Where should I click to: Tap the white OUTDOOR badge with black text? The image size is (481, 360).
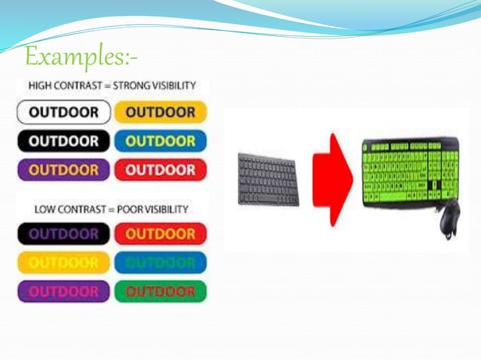click(64, 113)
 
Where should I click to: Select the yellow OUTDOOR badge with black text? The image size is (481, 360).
click(161, 113)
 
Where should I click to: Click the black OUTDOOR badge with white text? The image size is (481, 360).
click(64, 141)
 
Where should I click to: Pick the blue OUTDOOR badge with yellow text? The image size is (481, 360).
click(161, 141)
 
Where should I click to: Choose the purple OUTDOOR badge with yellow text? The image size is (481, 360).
click(64, 169)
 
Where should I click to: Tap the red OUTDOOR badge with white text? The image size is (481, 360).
click(161, 169)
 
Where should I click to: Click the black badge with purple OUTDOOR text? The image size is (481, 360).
click(64, 234)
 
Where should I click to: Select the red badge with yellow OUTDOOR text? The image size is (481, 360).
click(161, 234)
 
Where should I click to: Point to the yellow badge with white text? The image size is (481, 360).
click(64, 263)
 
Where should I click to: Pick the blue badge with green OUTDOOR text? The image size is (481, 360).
click(161, 263)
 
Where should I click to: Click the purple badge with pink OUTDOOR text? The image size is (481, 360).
click(64, 291)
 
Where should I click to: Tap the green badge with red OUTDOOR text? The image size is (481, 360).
click(161, 291)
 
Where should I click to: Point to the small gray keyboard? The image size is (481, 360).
click(268, 178)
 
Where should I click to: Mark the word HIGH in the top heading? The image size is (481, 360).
click(38, 85)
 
